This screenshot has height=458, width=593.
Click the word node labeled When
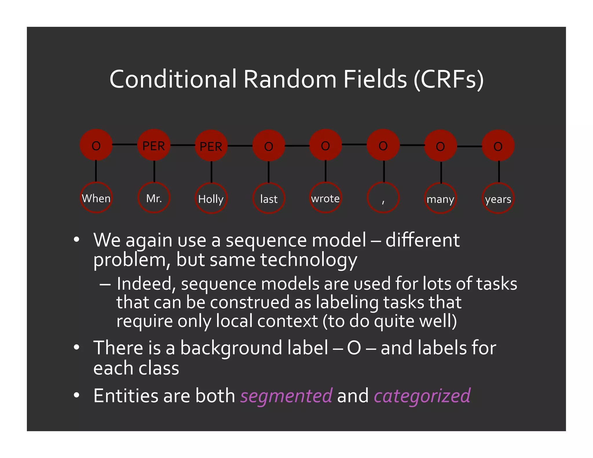coord(96,198)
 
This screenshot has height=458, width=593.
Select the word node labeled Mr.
coord(154,198)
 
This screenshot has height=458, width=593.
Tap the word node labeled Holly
coord(211,199)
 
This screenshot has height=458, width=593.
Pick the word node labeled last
coord(269,199)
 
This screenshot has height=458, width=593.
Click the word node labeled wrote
coord(325,198)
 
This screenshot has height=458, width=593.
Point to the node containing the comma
coord(383,198)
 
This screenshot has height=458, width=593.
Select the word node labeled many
coord(440,199)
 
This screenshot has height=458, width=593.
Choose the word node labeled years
coord(498,199)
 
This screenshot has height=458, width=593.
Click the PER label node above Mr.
coord(154,145)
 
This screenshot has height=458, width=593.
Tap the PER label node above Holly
coord(211,146)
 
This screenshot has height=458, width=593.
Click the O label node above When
coord(96,145)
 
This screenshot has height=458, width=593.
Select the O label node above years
coord(498,146)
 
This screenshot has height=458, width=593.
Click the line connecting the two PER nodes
coord(182,145)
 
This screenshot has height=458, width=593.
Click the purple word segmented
coord(286,396)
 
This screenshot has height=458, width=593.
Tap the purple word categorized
coord(422,396)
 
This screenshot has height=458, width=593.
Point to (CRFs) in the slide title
coord(449,79)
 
